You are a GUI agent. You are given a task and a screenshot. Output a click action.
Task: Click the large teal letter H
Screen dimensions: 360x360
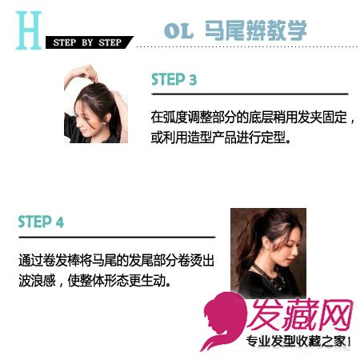(x=29, y=30)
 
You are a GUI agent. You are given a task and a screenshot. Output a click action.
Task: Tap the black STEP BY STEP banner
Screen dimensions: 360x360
(x=90, y=42)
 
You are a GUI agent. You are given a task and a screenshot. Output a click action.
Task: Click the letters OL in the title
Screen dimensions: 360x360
(x=178, y=30)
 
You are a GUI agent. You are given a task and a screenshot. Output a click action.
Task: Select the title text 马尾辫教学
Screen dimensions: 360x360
(x=255, y=30)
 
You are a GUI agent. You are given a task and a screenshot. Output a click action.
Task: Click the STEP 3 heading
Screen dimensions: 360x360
(x=174, y=79)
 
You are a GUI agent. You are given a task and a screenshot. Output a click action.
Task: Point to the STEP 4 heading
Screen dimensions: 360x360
(x=41, y=222)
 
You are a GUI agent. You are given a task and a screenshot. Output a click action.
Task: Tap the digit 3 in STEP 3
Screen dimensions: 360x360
(x=193, y=79)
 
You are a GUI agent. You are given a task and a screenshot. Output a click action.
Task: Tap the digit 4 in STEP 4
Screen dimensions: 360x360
(x=60, y=222)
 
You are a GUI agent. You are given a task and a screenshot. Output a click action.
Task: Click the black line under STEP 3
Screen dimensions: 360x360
(x=250, y=94)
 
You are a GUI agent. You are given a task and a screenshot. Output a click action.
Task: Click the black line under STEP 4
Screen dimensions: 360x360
(x=117, y=237)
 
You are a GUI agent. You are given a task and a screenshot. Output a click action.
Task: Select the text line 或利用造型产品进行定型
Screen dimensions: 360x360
(x=221, y=137)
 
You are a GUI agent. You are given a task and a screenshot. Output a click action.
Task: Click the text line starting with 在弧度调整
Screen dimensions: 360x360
(x=253, y=118)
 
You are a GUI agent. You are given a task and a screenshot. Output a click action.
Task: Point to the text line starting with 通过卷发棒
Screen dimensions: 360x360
(x=116, y=260)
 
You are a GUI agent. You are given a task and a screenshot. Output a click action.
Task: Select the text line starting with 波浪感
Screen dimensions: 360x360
(x=94, y=280)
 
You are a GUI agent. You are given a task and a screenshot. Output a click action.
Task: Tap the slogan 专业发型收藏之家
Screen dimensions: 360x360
(x=298, y=342)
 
